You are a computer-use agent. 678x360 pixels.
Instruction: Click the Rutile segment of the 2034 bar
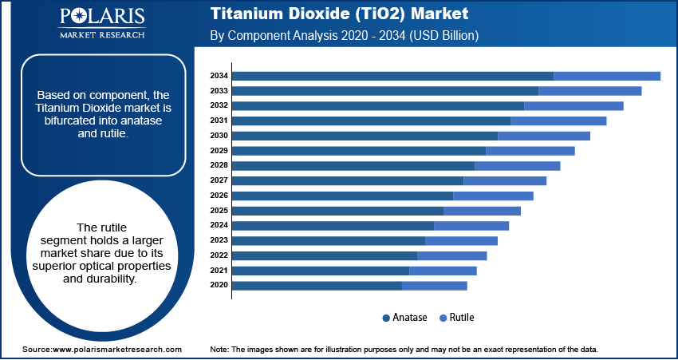click(x=606, y=76)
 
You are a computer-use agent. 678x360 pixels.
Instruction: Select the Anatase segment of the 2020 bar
click(x=317, y=285)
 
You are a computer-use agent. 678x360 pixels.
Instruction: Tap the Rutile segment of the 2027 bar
click(x=504, y=180)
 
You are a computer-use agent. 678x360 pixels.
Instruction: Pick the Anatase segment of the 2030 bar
click(x=365, y=136)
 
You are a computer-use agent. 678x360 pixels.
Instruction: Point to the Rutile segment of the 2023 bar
click(x=461, y=240)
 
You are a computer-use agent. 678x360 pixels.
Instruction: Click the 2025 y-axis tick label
click(x=219, y=210)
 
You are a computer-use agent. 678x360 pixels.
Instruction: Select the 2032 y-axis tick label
click(x=219, y=105)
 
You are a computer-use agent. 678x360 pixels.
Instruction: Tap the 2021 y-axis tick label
click(x=219, y=270)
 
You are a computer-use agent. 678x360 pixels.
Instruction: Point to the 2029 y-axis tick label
click(x=219, y=150)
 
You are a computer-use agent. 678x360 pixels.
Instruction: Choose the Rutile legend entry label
click(x=462, y=318)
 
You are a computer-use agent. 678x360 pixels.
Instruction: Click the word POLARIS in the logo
click(x=101, y=18)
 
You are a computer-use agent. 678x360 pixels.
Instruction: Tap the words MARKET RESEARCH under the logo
click(x=101, y=35)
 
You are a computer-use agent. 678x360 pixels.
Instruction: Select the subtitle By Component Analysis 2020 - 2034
click(x=319, y=36)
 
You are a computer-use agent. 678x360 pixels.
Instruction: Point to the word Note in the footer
click(x=219, y=350)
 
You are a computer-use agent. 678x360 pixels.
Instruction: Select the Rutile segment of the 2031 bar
click(x=558, y=121)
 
